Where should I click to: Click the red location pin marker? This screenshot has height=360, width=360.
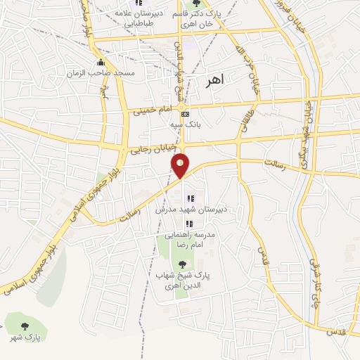pos(181,164)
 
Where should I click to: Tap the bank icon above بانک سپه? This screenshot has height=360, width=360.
pos(185,114)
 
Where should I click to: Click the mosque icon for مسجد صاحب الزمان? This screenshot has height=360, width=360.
pos(103,63)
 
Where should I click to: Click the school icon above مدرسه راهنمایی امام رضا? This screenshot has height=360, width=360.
pos(188,224)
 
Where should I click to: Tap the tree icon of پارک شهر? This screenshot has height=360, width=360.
pos(25,326)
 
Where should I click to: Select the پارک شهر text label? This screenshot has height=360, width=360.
pos(25,337)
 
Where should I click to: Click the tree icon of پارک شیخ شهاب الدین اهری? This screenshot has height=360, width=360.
pos(183,264)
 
